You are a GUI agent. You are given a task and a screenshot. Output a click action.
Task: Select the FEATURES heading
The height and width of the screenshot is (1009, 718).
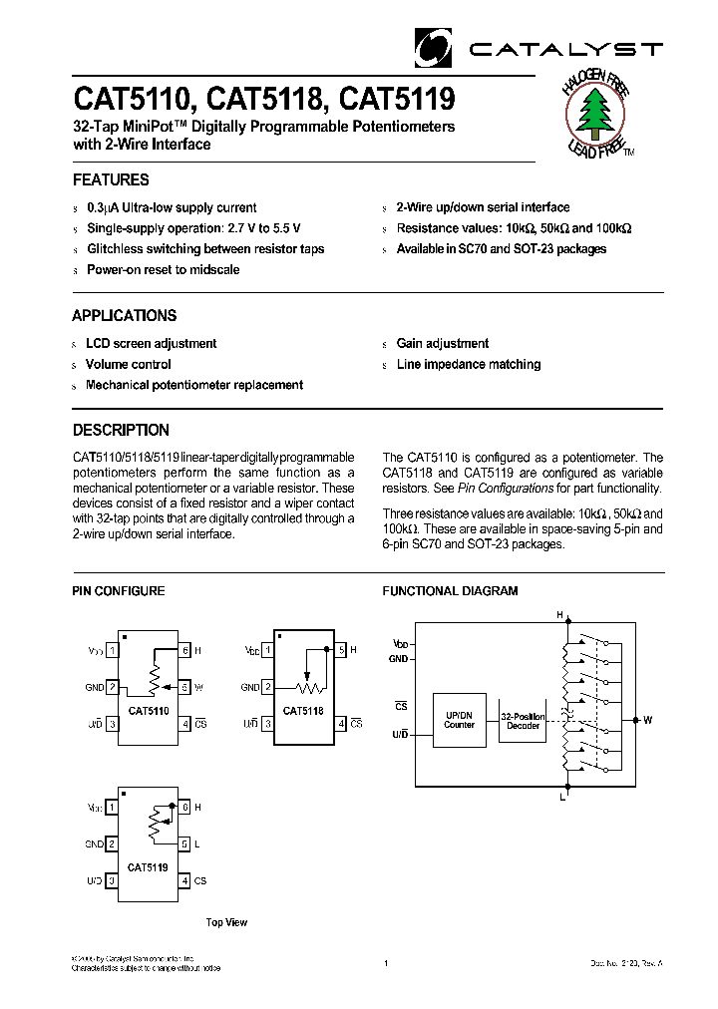111,180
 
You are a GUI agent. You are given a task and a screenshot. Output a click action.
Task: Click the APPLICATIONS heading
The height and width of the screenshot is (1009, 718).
124,316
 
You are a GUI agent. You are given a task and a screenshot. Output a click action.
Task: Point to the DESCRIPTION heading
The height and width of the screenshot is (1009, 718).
121,431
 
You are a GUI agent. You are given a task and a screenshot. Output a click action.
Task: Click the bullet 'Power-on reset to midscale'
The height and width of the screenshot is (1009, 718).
163,270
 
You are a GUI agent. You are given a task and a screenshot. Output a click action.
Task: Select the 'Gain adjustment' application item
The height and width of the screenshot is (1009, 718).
442,344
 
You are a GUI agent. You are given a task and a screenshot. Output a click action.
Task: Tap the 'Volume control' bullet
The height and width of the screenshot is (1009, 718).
128,365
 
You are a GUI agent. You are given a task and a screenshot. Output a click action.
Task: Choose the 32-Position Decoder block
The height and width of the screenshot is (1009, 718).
524,721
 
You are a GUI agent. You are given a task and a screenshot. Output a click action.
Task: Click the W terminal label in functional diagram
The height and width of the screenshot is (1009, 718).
648,720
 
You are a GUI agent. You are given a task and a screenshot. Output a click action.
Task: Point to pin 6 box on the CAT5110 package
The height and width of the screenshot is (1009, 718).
184,651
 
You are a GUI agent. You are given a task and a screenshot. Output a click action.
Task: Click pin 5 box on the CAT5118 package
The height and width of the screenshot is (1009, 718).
341,651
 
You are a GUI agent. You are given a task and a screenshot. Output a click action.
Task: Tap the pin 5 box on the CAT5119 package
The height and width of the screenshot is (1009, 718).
184,843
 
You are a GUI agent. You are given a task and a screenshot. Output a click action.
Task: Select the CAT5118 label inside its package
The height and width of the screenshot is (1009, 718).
302,711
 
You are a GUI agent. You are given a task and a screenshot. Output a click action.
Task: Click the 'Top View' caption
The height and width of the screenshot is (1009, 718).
226,923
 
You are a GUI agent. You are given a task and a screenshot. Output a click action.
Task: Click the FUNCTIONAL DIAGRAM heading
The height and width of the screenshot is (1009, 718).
450,591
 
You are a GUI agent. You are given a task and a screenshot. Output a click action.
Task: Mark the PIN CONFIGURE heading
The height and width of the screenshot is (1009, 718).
118,591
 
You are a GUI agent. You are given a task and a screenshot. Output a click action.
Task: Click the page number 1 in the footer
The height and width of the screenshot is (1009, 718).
385,963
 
